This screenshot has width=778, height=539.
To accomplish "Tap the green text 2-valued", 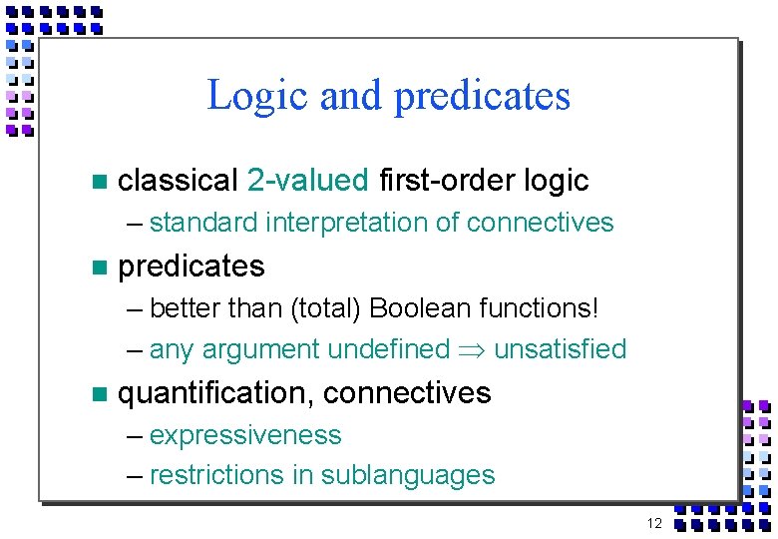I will (x=307, y=181).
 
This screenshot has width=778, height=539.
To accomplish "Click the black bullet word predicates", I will (x=192, y=267).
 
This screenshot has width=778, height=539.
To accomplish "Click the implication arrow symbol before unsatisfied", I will (x=473, y=350).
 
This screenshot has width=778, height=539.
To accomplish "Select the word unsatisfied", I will (x=560, y=350).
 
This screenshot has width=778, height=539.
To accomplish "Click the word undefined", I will (x=389, y=350).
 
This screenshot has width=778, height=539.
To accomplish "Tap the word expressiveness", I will (x=245, y=436).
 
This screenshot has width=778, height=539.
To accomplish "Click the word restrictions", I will (x=216, y=475).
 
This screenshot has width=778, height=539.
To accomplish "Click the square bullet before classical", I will (x=97, y=182).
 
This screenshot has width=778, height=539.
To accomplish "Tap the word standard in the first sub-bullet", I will (x=203, y=223).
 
